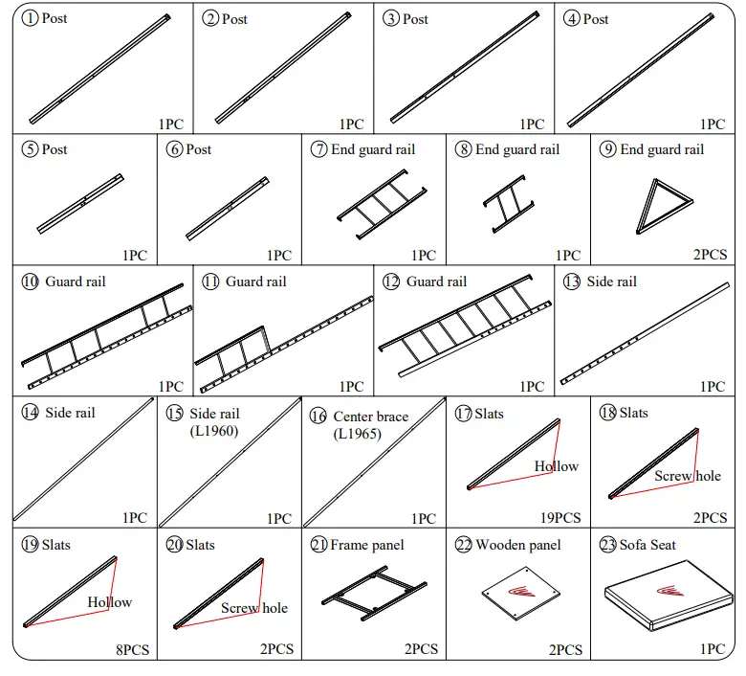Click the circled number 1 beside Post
click(x=31, y=19)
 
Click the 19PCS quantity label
click(x=559, y=518)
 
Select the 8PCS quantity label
click(x=132, y=649)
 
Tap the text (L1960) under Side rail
click(x=213, y=431)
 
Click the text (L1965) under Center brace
click(x=357, y=434)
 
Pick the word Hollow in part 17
click(x=556, y=466)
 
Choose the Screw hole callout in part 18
click(x=688, y=476)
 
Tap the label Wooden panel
click(x=517, y=545)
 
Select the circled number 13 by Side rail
click(x=572, y=282)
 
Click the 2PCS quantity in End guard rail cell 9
click(x=710, y=256)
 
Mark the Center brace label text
click(x=370, y=417)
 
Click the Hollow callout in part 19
click(x=109, y=602)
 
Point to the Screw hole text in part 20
click(x=253, y=608)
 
